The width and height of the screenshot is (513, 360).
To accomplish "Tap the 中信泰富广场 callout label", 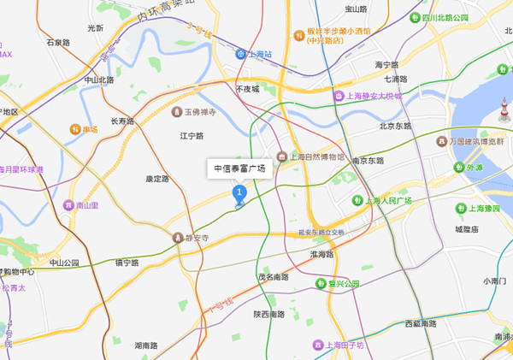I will point(239,168).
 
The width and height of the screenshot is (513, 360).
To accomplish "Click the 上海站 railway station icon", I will point(241,54).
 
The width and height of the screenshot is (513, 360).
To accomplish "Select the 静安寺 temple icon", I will point(179,237).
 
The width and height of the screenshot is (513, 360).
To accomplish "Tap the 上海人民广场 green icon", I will point(359,200).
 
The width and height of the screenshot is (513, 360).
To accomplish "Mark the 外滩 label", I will point(475,168).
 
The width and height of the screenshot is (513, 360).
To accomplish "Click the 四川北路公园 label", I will point(445,18).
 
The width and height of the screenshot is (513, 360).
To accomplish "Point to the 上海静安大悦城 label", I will point(373,97).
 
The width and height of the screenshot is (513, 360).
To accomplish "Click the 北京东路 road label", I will point(395,126).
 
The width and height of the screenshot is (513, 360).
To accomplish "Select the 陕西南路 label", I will point(270,314).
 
